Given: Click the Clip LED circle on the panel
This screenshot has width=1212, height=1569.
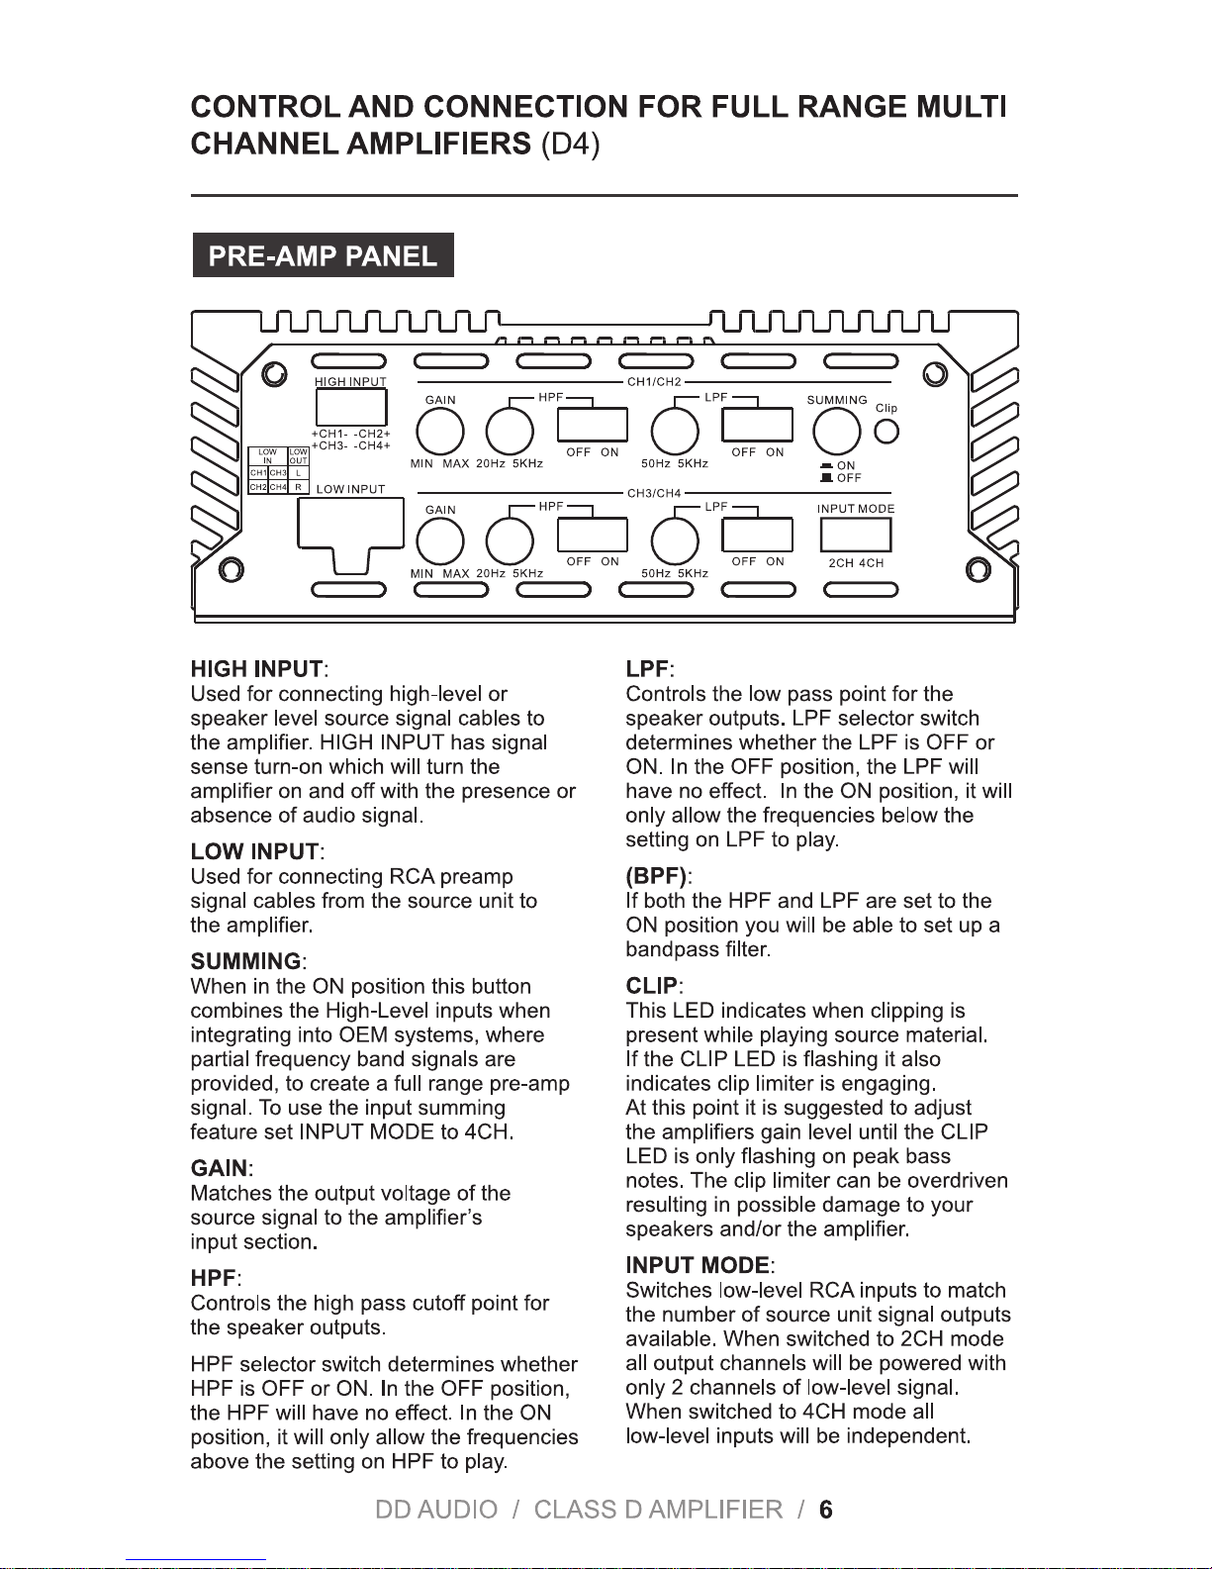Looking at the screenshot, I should pyautogui.click(x=887, y=432).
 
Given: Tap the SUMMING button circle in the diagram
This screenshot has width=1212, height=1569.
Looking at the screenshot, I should pyautogui.click(x=835, y=432).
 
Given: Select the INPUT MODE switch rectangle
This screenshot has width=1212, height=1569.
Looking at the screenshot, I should pyautogui.click(x=856, y=535).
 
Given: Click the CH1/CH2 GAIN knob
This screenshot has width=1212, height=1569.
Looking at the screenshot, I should pyautogui.click(x=440, y=432).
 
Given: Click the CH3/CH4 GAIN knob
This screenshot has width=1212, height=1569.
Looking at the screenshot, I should pyautogui.click(x=440, y=540).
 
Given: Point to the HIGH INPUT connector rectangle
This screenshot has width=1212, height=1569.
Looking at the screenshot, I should pyautogui.click(x=350, y=407).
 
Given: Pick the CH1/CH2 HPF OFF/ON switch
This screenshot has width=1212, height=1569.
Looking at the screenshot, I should pyautogui.click(x=593, y=425).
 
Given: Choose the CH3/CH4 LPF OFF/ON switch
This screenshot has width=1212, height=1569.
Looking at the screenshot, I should pyautogui.click(x=757, y=535).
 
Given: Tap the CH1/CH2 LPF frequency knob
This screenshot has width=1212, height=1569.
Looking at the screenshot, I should pyautogui.click(x=675, y=432).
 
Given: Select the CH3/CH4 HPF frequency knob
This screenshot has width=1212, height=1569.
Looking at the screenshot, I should pyautogui.click(x=510, y=540).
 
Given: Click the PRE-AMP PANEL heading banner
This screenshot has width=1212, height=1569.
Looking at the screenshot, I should pyautogui.click(x=323, y=256).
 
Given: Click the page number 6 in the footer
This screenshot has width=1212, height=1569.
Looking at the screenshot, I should pyautogui.click(x=825, y=1510).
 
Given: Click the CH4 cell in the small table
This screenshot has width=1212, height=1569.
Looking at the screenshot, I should pyautogui.click(x=278, y=487).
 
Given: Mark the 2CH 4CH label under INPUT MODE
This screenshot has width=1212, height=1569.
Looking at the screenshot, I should pyautogui.click(x=856, y=563).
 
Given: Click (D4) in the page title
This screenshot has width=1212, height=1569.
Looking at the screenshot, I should pyautogui.click(x=570, y=145).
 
